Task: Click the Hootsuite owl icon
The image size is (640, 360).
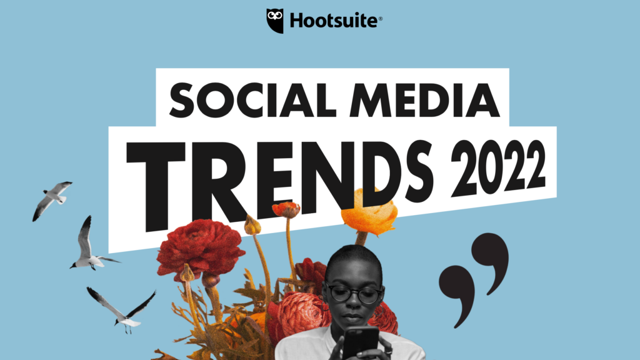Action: click(275, 21)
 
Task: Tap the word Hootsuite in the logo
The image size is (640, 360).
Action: click(334, 21)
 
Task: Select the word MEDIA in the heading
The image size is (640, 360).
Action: click(424, 101)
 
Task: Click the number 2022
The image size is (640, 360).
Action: click(498, 167)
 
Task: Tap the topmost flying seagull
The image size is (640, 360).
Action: click(52, 201)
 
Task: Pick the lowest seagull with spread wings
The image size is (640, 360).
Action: click(122, 309)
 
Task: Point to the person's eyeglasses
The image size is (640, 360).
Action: click(355, 294)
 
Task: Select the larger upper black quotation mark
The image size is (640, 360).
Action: click(490, 261)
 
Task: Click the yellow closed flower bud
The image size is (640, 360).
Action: click(252, 225)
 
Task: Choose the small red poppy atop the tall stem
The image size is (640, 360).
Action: click(286, 209)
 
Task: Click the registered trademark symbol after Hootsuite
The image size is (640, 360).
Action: click(381, 18)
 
